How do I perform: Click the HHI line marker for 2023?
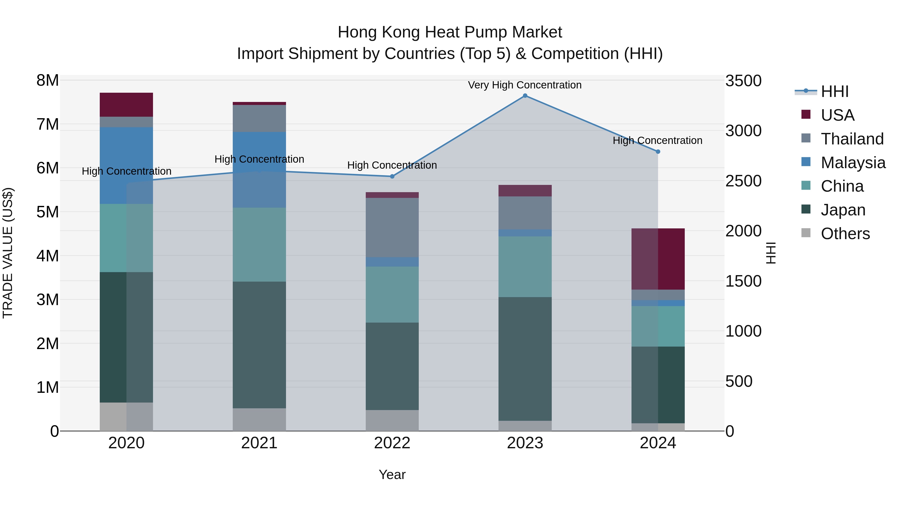click(x=525, y=96)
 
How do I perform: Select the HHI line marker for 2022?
click(x=392, y=176)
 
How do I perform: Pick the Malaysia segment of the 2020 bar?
click(x=126, y=165)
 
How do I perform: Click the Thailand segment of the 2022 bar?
click(x=392, y=227)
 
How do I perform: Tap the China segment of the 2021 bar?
click(x=259, y=244)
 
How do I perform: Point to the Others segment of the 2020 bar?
click(x=126, y=417)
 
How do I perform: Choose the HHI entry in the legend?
click(x=834, y=91)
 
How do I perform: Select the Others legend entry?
click(x=845, y=234)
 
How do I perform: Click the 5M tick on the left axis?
click(x=48, y=212)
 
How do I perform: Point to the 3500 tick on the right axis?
click(x=743, y=81)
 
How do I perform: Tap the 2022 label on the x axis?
click(x=392, y=443)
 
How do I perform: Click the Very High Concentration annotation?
click(x=525, y=85)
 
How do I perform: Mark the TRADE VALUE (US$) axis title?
click(x=8, y=253)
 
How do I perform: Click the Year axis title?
click(x=392, y=475)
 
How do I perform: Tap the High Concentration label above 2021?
click(x=259, y=159)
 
